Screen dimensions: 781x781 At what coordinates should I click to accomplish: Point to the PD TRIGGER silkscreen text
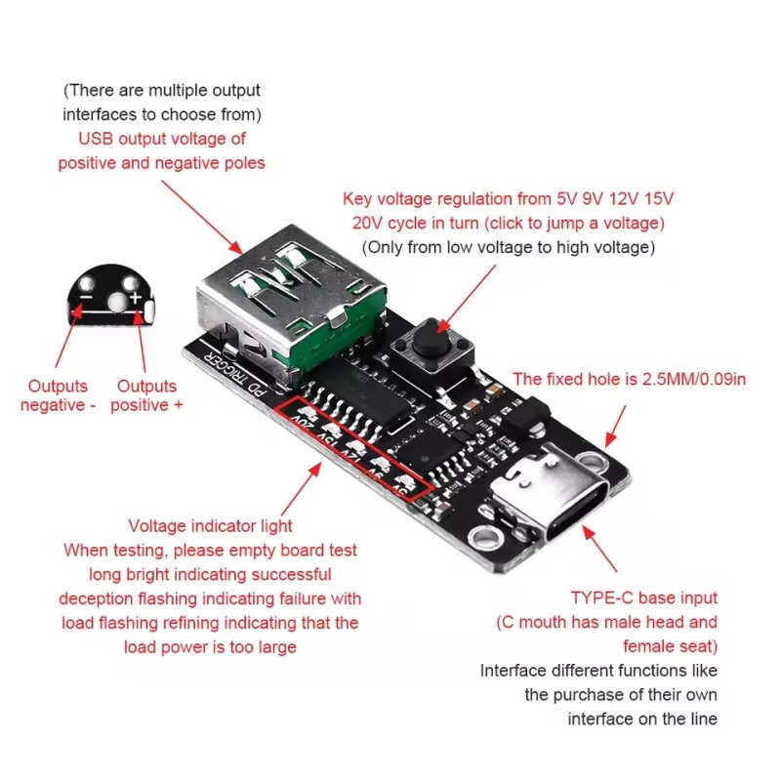tap(230, 377)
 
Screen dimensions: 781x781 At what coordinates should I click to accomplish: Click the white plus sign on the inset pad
tap(135, 294)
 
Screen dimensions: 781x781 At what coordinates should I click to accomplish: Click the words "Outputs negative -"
tap(59, 395)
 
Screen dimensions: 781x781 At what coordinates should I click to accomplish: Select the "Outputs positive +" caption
tap(146, 395)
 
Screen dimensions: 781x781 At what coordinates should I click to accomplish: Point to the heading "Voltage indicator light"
tap(211, 526)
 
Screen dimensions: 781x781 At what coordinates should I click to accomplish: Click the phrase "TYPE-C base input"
tap(644, 597)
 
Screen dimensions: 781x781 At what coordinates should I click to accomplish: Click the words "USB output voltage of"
tap(161, 139)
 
